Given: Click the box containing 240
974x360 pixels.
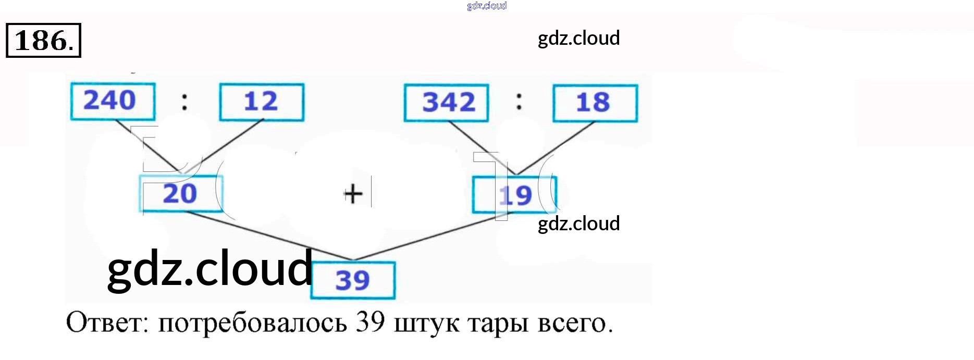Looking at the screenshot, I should [x=113, y=101].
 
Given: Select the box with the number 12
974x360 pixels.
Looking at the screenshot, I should [x=262, y=102].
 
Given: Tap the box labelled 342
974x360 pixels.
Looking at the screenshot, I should [x=447, y=103].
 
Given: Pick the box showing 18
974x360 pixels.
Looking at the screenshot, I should [x=595, y=103].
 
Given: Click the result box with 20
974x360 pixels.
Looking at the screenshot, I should [x=181, y=194].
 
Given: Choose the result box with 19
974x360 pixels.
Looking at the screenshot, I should [x=514, y=195].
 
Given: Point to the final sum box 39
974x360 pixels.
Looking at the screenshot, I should [x=353, y=280].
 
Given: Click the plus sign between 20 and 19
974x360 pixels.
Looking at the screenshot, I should [x=353, y=194].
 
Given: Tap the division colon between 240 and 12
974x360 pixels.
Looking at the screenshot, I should [x=184, y=101].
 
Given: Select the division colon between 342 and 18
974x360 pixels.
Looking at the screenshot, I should [x=519, y=101].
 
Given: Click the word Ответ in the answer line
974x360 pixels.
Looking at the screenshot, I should [x=107, y=323].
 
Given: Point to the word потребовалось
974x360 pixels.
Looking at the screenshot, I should [x=252, y=323].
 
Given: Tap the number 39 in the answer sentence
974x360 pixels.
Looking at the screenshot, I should [x=370, y=322].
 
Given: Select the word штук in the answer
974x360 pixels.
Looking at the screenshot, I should [x=426, y=323].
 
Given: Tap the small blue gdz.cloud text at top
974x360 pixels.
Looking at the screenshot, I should [x=487, y=6].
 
